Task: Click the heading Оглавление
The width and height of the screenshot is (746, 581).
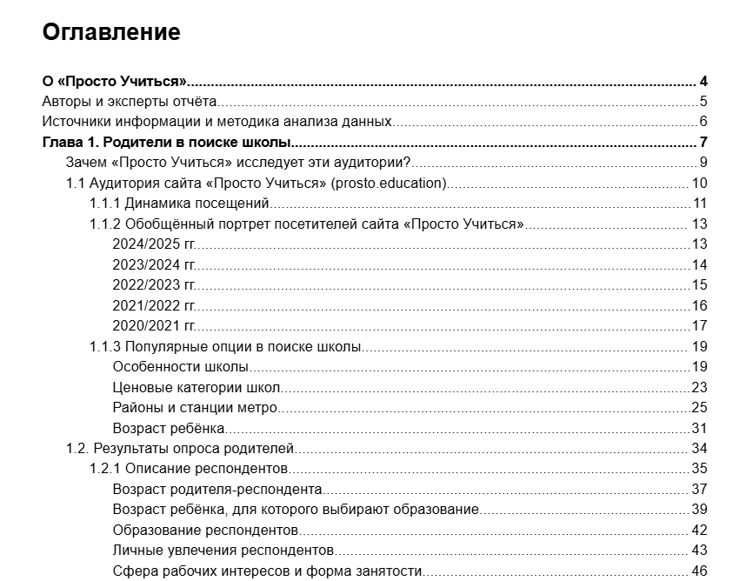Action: [x=111, y=32]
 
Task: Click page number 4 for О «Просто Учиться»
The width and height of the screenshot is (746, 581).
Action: [x=703, y=82]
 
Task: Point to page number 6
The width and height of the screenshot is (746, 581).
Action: [x=703, y=122]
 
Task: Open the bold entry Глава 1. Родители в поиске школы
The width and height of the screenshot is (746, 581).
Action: [x=166, y=143]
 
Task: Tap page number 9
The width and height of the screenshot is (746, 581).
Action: [x=703, y=163]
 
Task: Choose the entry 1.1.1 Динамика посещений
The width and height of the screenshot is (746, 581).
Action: [x=179, y=204]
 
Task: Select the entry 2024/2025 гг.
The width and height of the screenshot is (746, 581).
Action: [x=154, y=244]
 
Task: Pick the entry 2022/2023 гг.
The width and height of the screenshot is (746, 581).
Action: [x=154, y=284]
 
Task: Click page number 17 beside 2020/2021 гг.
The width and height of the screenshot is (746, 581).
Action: [x=700, y=326]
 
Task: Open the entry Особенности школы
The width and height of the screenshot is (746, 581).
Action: [x=181, y=367]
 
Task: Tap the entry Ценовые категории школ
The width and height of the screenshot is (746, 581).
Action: [x=196, y=387]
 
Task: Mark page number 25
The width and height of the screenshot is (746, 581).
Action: [x=700, y=407]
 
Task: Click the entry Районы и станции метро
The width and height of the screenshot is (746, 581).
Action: [x=195, y=407]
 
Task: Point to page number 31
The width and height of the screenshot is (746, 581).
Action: [x=700, y=428]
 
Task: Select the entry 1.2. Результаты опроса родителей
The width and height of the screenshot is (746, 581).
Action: [x=180, y=449]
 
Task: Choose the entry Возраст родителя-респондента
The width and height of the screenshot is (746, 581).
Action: [x=217, y=489]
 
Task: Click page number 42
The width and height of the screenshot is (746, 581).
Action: [x=700, y=530]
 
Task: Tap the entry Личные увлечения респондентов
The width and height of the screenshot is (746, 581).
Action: [x=223, y=551]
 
